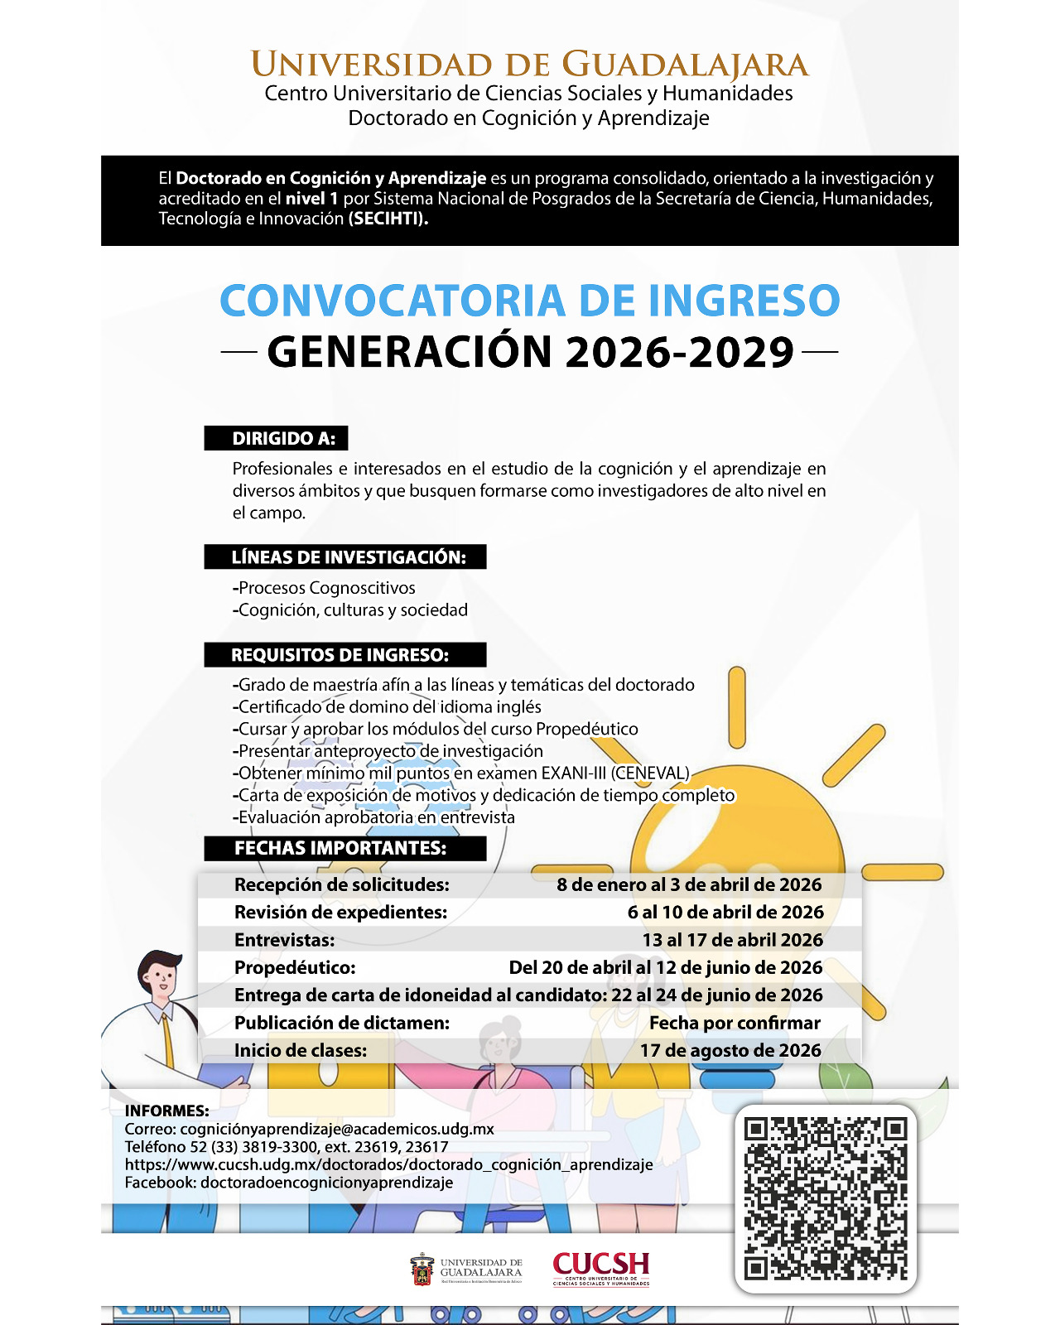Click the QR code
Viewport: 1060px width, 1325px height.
coord(826,1198)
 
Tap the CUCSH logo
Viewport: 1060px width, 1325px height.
coord(601,1268)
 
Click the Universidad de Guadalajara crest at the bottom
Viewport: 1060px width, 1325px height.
coord(422,1270)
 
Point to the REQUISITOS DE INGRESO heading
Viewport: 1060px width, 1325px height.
coord(340,655)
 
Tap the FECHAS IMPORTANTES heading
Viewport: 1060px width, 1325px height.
coord(340,848)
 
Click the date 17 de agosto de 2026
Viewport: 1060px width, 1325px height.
coord(730,1050)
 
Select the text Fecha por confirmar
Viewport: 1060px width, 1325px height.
coord(735,1023)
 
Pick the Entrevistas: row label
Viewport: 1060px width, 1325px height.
coord(285,940)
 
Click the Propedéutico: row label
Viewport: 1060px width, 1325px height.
coord(295,967)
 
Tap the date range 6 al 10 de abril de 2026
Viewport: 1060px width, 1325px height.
coord(725,912)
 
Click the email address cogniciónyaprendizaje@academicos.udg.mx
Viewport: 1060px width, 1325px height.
coord(337,1129)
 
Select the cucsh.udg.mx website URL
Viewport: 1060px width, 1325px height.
coord(388,1164)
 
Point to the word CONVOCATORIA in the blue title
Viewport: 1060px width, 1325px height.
coord(393,301)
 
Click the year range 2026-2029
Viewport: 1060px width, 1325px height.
coord(680,353)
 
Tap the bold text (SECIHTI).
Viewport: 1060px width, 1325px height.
coord(388,219)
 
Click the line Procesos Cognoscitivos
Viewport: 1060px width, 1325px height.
coord(326,588)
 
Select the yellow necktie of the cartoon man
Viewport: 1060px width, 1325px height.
coord(169,1039)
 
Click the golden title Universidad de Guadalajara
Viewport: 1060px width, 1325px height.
coord(529,65)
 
